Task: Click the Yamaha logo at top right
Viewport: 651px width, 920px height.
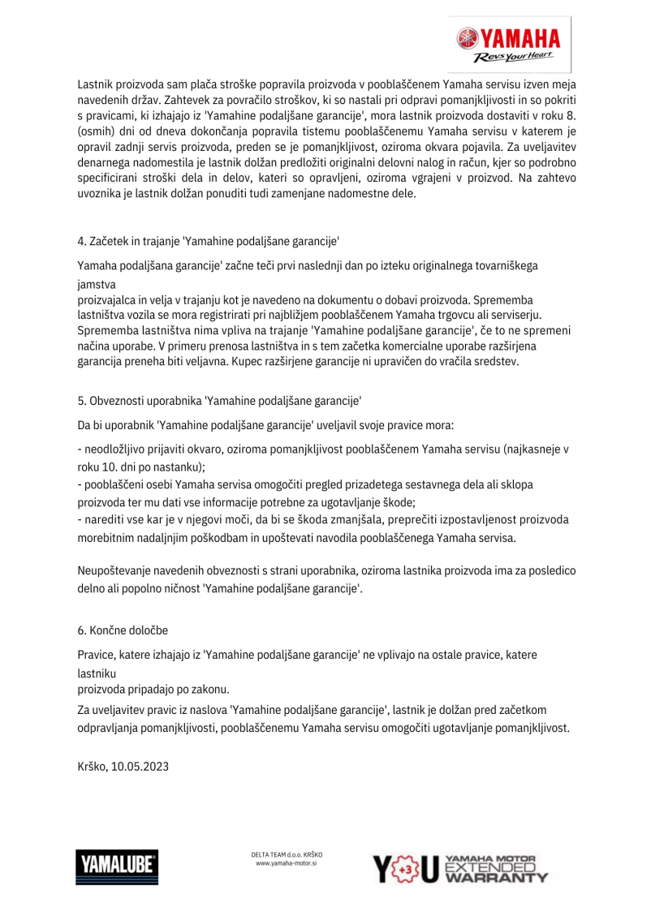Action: coord(508,38)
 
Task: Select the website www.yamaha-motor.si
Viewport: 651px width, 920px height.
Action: coord(286,865)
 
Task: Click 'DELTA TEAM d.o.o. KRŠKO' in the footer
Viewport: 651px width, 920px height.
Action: coord(287,854)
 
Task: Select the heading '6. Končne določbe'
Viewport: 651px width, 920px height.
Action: coord(123,630)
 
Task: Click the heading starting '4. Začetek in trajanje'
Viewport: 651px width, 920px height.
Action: coord(208,241)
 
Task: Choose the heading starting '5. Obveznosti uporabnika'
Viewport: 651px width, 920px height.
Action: coord(219,401)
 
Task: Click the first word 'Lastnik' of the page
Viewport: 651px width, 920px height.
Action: coord(95,83)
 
